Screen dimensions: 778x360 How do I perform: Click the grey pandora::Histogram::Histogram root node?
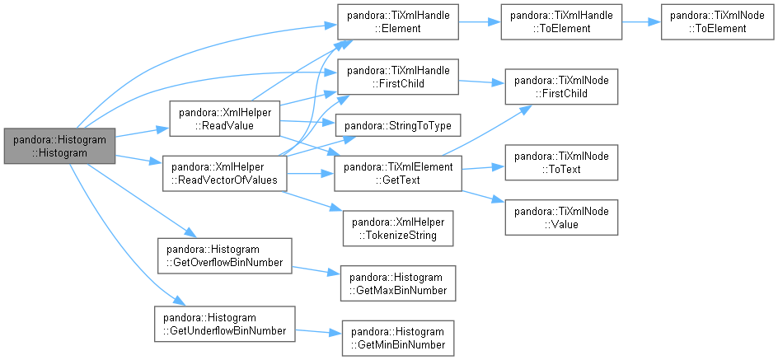click(59, 146)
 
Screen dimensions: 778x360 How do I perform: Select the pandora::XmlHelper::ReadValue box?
click(225, 119)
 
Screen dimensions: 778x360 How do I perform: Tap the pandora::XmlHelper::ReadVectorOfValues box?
click(225, 174)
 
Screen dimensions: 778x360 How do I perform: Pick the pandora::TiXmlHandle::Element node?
click(398, 22)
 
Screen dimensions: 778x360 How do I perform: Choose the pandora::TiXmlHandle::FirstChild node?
click(398, 77)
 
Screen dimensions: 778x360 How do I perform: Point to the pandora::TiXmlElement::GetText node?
click(398, 173)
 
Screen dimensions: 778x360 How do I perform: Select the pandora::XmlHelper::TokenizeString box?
click(398, 228)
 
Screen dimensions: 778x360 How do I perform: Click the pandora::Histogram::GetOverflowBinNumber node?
click(225, 256)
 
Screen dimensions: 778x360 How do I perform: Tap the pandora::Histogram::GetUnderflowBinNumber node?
click(225, 324)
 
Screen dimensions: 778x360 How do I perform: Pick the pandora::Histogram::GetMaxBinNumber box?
click(398, 283)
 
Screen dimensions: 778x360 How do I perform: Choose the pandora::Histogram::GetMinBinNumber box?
click(398, 339)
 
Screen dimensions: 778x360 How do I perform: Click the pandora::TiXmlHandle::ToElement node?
click(561, 22)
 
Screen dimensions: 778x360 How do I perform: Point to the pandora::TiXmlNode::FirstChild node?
click(561, 86)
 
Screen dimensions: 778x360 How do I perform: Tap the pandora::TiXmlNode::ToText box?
click(561, 162)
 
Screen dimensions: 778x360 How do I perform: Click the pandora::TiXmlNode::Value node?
click(561, 217)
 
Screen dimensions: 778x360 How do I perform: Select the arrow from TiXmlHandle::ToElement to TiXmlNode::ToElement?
click(641, 22)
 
